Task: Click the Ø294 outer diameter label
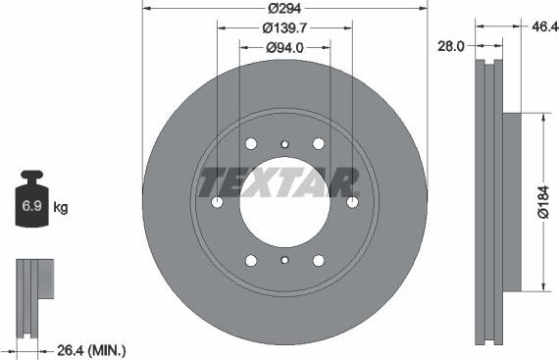(x=284, y=9)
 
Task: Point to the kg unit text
(x=61, y=208)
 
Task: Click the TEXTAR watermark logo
(x=279, y=182)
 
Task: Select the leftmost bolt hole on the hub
(x=218, y=202)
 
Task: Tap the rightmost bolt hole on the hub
(x=352, y=202)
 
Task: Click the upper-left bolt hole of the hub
(x=251, y=143)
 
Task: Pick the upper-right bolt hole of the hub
(x=318, y=143)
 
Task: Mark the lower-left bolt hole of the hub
(x=251, y=260)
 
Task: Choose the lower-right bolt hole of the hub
(x=318, y=260)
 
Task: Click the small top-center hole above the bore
(x=284, y=144)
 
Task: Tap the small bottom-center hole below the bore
(x=284, y=260)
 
